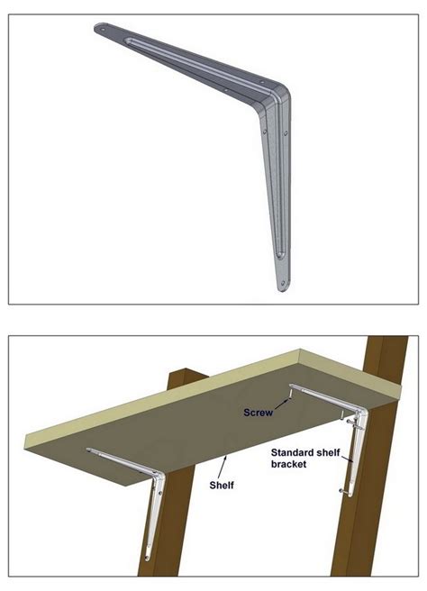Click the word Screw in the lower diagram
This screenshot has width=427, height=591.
258,413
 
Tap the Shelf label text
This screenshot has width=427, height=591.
222,485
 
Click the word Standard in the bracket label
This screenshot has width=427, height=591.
292,452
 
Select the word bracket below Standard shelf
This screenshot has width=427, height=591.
288,464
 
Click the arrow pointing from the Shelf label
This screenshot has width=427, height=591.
223,467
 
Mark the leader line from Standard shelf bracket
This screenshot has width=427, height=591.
347,457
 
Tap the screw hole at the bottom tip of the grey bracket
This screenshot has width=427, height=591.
283,282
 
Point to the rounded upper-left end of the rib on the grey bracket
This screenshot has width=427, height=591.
129,41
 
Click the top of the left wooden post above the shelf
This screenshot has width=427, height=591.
187,373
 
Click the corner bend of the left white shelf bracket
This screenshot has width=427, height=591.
159,477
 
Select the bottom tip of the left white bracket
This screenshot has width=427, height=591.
148,559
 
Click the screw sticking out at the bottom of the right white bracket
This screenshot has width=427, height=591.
342,491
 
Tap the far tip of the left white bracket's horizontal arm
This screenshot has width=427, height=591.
89,450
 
